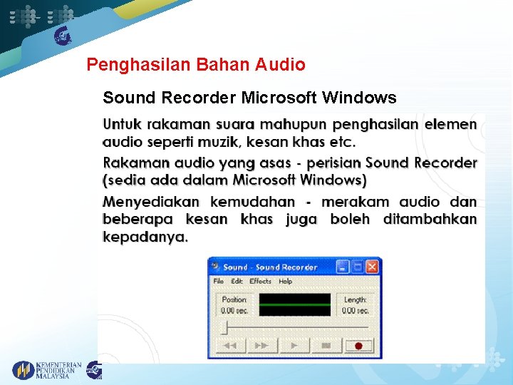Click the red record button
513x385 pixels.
click(359, 346)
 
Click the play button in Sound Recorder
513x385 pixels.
click(294, 346)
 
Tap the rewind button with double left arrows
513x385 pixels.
click(229, 346)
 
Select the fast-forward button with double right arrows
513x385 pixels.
click(261, 346)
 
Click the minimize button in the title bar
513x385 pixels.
click(343, 267)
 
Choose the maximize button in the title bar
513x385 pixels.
click(358, 267)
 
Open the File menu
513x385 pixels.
click(219, 282)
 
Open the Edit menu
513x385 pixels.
click(237, 282)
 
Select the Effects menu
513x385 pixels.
click(260, 282)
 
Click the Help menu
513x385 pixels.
click(285, 282)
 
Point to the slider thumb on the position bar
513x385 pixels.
click(224, 327)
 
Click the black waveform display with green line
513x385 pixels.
click(294, 304)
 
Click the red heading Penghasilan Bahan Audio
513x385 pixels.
click(196, 65)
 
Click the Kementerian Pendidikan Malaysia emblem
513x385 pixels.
click(24, 370)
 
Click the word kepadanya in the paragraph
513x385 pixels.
click(145, 237)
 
